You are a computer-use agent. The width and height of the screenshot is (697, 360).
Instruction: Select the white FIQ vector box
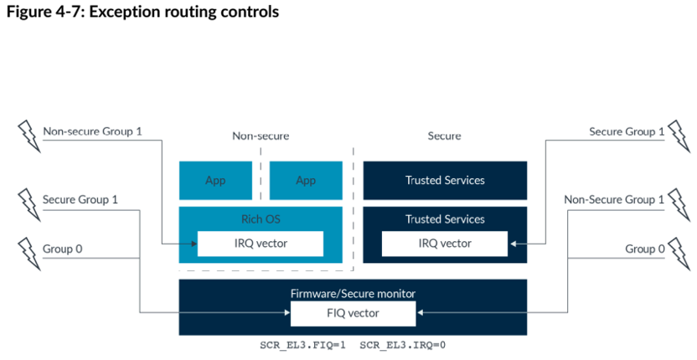353,313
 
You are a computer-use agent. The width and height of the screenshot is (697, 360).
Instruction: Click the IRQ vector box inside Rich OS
261,244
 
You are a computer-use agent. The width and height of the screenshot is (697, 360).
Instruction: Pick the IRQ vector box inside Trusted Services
445,244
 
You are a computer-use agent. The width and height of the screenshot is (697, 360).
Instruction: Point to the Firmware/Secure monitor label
353,293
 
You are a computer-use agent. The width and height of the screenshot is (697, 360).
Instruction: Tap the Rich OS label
261,219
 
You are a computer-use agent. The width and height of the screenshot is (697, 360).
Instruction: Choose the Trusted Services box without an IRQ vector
445,181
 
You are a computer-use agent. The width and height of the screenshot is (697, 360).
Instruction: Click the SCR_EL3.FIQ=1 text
302,345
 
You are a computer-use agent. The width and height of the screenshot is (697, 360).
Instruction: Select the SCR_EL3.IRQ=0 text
402,345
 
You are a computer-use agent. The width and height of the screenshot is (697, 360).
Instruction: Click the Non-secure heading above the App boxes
261,136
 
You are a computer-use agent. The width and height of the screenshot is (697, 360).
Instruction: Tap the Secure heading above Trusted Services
444,136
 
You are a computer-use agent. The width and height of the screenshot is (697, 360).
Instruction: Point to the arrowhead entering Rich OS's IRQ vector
194,244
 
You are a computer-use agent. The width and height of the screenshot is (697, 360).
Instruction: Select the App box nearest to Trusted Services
306,181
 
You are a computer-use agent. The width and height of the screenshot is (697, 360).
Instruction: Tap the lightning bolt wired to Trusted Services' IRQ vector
679,136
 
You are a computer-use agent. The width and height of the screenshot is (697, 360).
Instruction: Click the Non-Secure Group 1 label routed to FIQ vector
614,200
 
